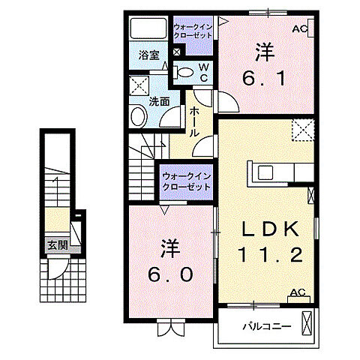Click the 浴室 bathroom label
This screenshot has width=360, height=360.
(148, 55)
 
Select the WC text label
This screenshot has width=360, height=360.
(202, 73)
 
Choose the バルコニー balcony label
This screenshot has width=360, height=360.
(260, 326)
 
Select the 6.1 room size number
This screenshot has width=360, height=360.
(263, 77)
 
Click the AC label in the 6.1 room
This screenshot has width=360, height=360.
(299, 29)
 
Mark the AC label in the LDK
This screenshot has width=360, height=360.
(297, 293)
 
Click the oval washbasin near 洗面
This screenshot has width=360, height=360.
(138, 116)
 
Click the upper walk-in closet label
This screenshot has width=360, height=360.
(193, 33)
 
